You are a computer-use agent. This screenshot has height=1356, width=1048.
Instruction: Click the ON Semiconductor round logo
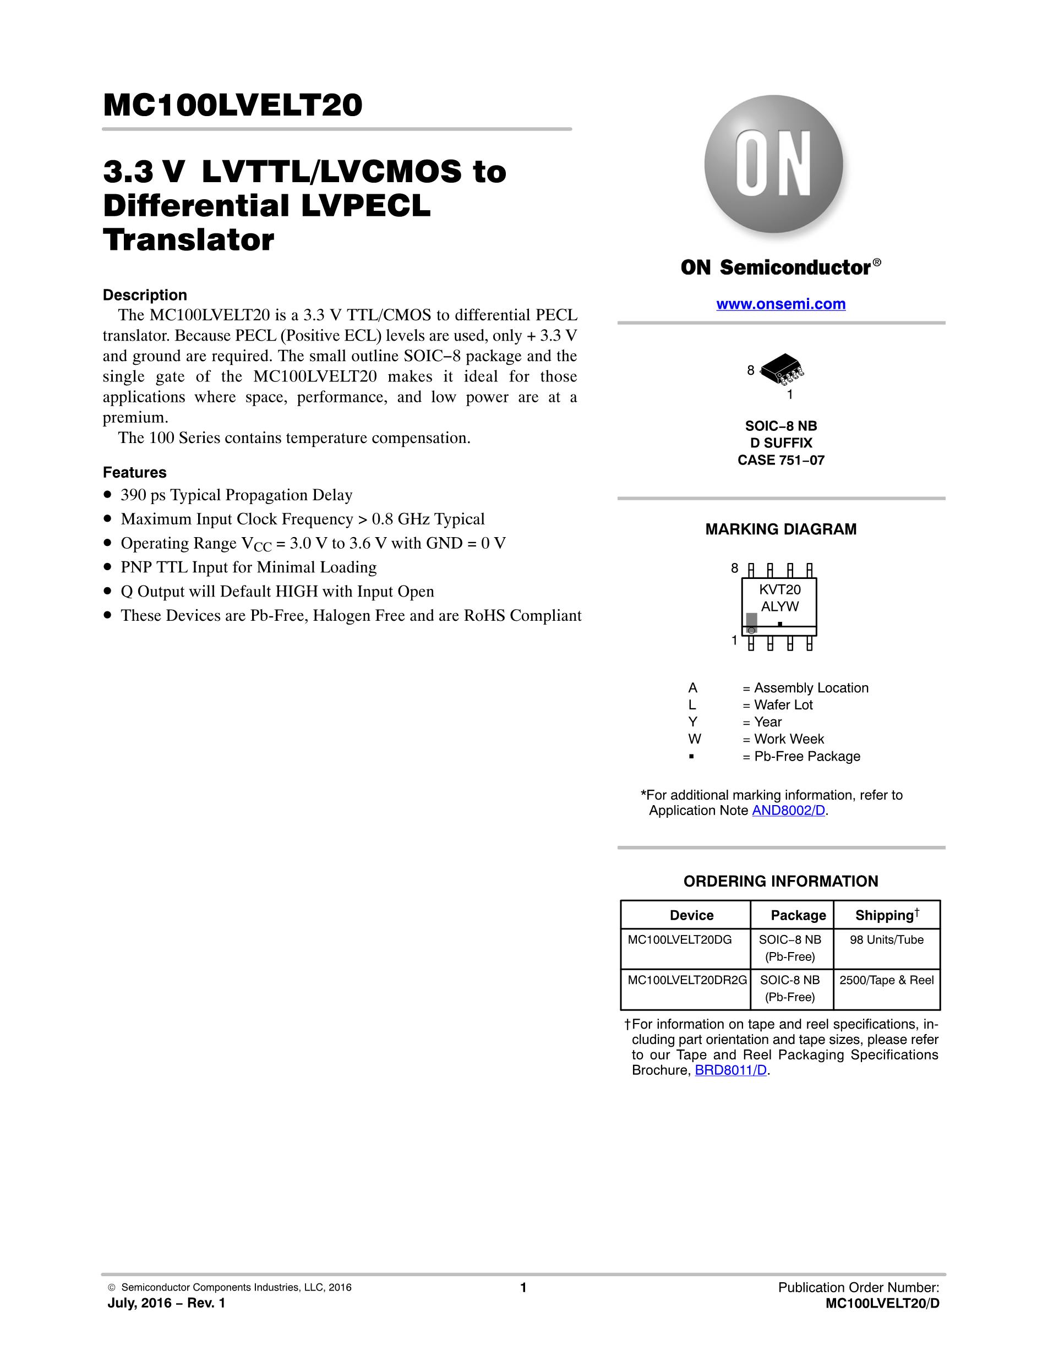point(773,165)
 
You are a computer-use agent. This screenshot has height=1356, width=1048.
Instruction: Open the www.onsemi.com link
point(780,304)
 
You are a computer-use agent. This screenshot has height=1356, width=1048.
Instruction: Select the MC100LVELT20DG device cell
point(680,940)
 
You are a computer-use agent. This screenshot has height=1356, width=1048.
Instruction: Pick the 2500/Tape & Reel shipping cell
point(887,980)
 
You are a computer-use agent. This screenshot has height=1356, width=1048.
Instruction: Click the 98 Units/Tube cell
point(887,940)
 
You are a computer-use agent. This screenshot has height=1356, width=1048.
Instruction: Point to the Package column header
point(798,915)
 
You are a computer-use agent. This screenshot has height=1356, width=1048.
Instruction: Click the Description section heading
point(145,295)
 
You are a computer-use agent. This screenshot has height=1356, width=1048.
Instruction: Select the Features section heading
point(135,473)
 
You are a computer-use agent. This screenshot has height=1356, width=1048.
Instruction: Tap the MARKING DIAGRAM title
point(780,529)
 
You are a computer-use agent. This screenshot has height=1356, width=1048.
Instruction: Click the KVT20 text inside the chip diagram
point(780,590)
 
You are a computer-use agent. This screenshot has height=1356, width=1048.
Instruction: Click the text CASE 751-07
point(780,460)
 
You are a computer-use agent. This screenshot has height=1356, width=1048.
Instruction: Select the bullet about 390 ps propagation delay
point(236,495)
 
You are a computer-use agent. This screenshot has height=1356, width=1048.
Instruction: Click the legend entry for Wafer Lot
point(783,706)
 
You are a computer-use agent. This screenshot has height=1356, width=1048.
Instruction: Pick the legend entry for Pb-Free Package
point(807,757)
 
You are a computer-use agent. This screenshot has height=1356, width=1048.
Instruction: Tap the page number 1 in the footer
point(523,1288)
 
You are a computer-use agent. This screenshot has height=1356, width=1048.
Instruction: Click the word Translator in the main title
point(189,240)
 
